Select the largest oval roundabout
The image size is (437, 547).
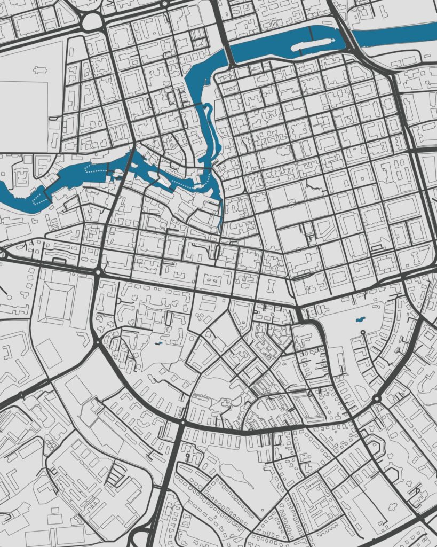click(x=92, y=21)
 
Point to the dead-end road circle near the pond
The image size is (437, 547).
click(x=363, y=332)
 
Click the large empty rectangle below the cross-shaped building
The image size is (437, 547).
click(x=24, y=115)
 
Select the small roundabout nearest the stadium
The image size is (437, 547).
click(x=98, y=272)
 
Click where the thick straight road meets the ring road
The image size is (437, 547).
click(x=182, y=422)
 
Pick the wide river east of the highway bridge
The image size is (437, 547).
click(x=395, y=34)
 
